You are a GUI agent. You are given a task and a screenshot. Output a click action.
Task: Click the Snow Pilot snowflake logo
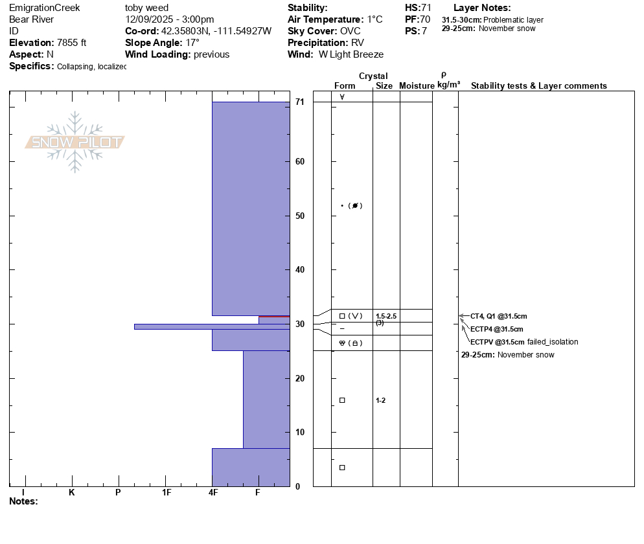pos(75,142)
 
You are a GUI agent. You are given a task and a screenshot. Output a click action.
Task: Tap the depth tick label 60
pos(300,162)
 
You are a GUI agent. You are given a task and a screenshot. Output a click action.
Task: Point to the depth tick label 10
pos(300,433)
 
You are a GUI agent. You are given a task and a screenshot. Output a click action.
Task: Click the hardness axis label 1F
pos(167,492)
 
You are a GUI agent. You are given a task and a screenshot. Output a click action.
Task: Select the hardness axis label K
pos(71,492)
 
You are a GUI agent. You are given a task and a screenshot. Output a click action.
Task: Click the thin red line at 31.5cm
pos(274,317)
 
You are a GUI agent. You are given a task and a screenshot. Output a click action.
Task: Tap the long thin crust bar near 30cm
pos(212,327)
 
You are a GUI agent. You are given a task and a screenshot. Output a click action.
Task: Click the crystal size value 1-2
pos(381,400)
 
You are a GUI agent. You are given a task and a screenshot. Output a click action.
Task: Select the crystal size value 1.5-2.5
pos(386,316)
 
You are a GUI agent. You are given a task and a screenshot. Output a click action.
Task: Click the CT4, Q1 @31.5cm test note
pos(499,316)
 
